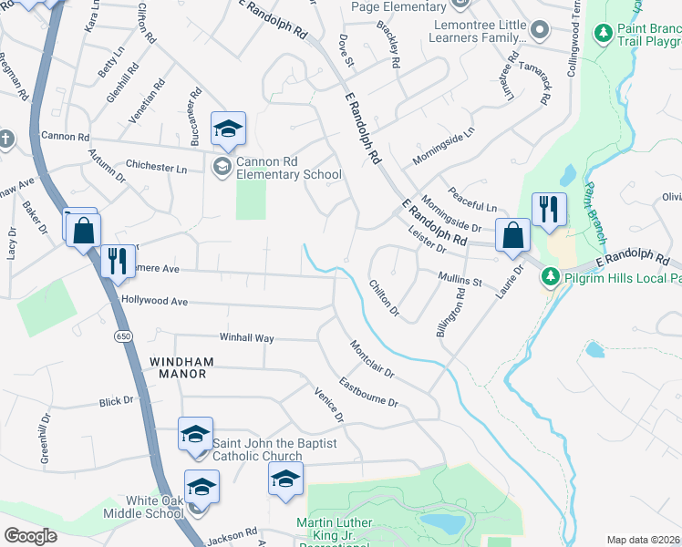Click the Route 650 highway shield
tap(121, 336)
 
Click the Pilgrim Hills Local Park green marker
tap(551, 276)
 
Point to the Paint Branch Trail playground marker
tap(602, 34)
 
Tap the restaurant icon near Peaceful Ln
tap(549, 210)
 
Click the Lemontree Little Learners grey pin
tap(540, 30)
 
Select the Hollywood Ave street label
tap(154, 301)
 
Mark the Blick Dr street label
tap(117, 400)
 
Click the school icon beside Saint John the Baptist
tap(195, 434)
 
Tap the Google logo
tap(31, 536)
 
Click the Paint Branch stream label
tap(595, 212)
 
